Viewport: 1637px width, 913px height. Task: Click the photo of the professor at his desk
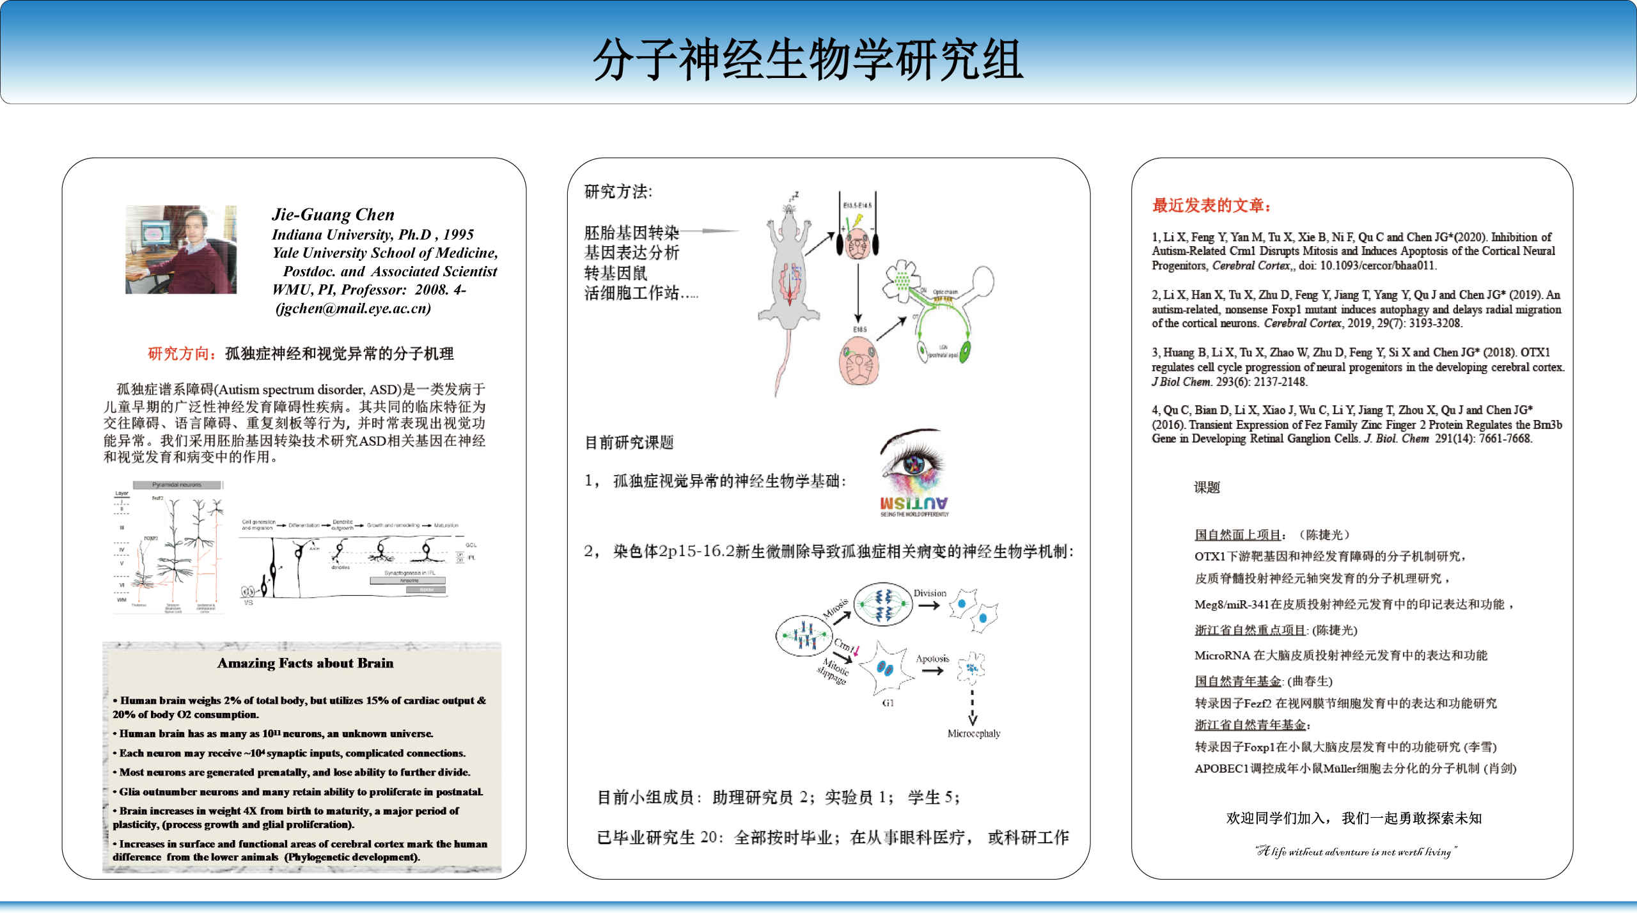(181, 249)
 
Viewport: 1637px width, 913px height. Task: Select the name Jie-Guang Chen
(333, 214)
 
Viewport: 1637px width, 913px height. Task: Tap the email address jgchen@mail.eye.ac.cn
(353, 308)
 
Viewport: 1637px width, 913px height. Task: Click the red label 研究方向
(178, 354)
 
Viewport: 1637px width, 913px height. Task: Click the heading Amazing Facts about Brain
(305, 663)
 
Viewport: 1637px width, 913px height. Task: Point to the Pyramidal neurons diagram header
(176, 485)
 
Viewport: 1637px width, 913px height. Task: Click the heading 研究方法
(618, 191)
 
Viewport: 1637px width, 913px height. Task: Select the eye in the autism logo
(913, 464)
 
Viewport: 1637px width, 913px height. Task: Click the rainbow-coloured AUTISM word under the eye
(914, 503)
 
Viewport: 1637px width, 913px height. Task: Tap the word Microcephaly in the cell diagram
(973, 733)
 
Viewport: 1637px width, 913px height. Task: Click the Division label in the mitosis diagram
(930, 593)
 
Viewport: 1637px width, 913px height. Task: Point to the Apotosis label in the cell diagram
(932, 659)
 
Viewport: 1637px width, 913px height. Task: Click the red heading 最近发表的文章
(1211, 205)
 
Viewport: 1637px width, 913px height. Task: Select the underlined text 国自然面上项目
(1237, 535)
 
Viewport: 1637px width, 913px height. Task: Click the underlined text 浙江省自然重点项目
(1249, 630)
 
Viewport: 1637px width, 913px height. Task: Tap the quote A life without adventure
(1356, 851)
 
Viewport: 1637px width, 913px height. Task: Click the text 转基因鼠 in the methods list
(615, 273)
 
